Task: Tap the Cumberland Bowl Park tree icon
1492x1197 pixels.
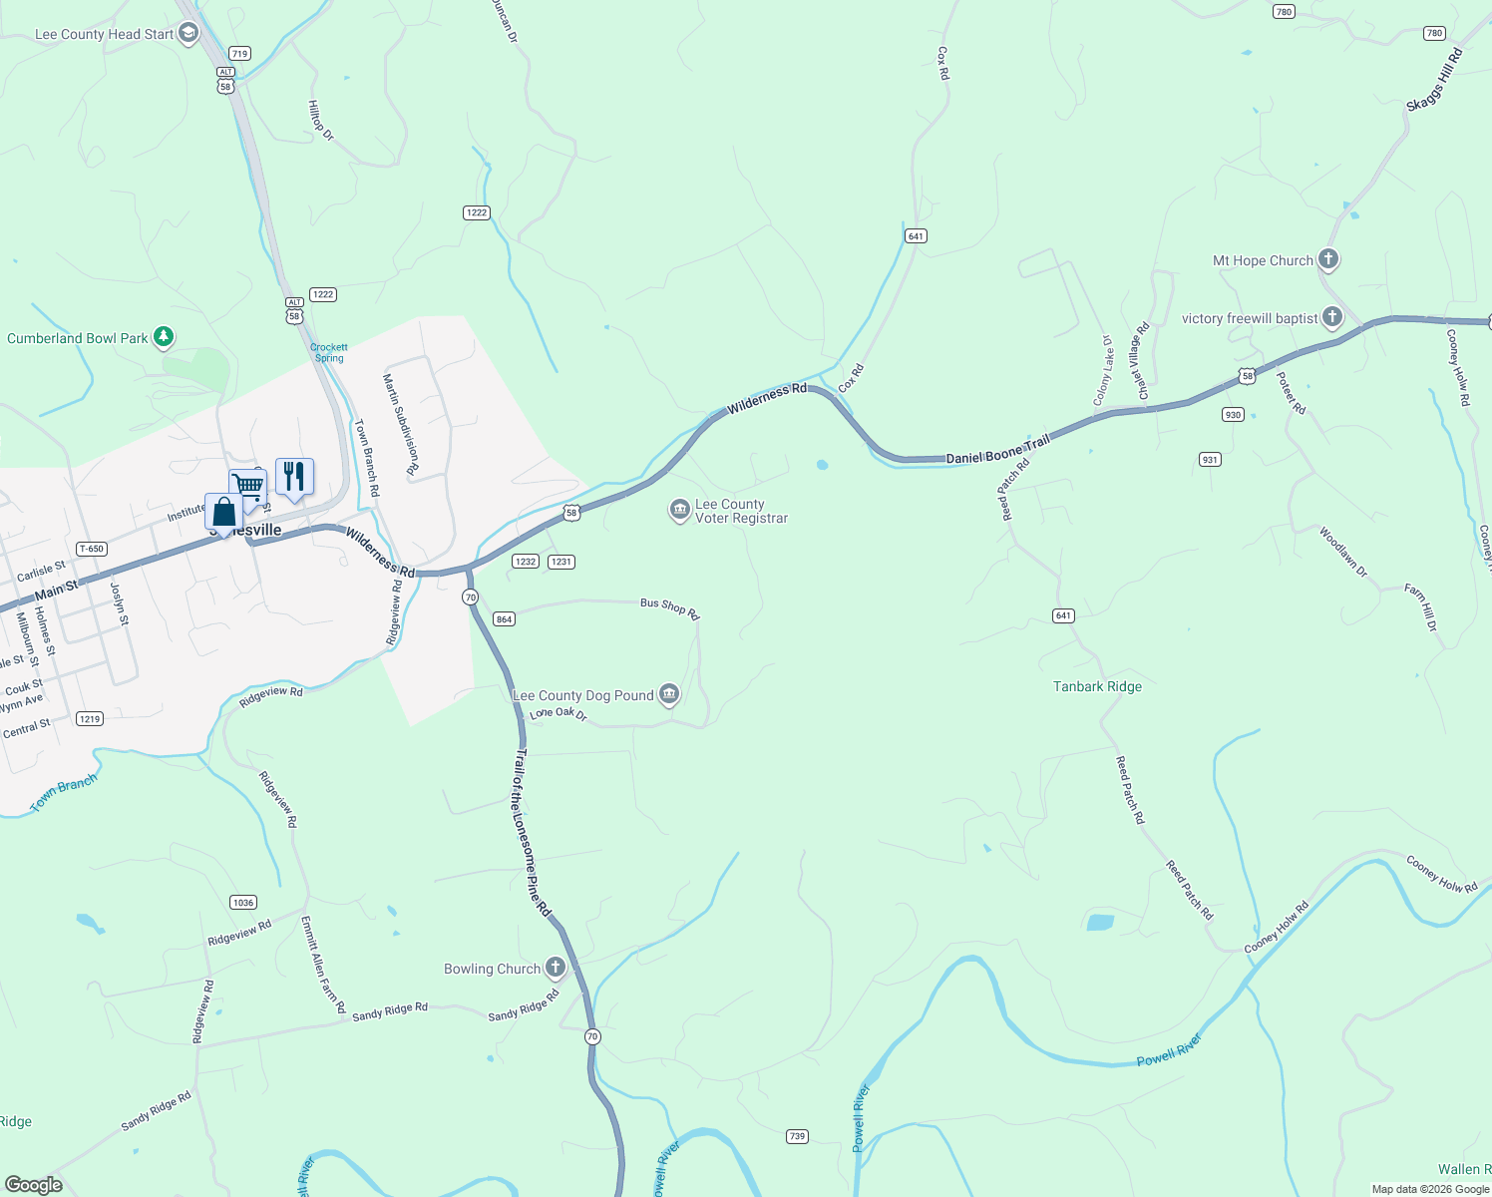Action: pyautogui.click(x=164, y=338)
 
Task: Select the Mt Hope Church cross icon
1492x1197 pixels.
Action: pyautogui.click(x=1327, y=260)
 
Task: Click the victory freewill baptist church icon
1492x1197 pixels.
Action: pyautogui.click(x=1332, y=318)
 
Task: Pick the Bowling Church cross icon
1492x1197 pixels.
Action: pyautogui.click(x=555, y=968)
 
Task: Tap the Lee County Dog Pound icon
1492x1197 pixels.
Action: pyautogui.click(x=668, y=694)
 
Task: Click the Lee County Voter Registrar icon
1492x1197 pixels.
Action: pyautogui.click(x=680, y=511)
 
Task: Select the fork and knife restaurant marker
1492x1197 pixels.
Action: pyautogui.click(x=294, y=476)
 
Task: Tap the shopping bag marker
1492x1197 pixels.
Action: pyautogui.click(x=224, y=512)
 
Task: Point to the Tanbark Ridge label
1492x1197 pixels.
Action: pyautogui.click(x=1097, y=686)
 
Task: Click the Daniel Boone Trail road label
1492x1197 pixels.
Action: pyautogui.click(x=997, y=449)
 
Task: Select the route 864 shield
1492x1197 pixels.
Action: pyautogui.click(x=504, y=619)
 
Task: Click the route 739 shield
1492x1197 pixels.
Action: pyautogui.click(x=797, y=1136)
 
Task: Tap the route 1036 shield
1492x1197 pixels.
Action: pyautogui.click(x=243, y=903)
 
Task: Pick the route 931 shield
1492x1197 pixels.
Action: pyautogui.click(x=1210, y=460)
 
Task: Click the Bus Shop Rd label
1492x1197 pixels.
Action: pyautogui.click(x=669, y=606)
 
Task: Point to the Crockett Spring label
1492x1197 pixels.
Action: pyautogui.click(x=329, y=353)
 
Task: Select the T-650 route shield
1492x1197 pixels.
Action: pyautogui.click(x=91, y=549)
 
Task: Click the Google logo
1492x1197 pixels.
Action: pyautogui.click(x=34, y=1185)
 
